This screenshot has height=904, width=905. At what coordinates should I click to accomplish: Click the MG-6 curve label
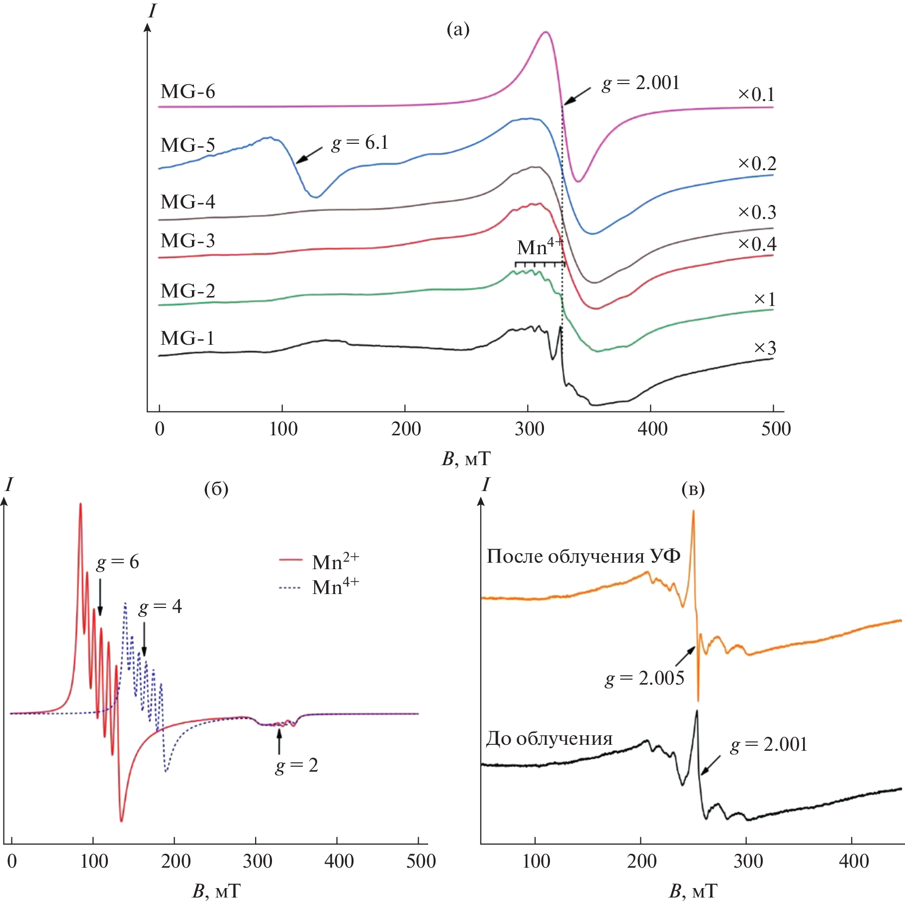click(187, 92)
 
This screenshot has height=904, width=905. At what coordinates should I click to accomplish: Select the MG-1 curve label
click(187, 338)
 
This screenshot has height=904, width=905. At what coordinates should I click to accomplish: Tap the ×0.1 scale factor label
click(756, 95)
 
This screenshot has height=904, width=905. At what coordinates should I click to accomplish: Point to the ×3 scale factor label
click(765, 348)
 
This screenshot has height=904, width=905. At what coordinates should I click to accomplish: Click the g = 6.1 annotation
click(360, 143)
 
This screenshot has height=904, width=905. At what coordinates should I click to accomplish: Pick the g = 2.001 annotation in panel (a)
click(640, 83)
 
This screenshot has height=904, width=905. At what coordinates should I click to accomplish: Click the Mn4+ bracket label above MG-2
click(540, 247)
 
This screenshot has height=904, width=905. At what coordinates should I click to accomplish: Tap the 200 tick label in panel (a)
click(406, 429)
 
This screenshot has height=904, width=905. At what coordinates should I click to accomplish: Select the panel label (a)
click(458, 30)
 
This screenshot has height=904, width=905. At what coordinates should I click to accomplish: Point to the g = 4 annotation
click(160, 606)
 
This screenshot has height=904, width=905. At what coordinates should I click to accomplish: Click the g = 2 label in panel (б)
click(297, 765)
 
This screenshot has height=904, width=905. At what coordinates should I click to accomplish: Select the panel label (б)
click(216, 490)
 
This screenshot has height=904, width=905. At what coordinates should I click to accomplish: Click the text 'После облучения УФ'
click(583, 556)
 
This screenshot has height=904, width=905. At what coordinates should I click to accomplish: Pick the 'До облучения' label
click(549, 739)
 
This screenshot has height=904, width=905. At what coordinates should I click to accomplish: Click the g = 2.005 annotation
click(644, 678)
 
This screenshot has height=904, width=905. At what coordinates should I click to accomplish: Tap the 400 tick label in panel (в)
click(853, 861)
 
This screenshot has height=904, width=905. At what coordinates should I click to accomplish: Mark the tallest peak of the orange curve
click(693, 513)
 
